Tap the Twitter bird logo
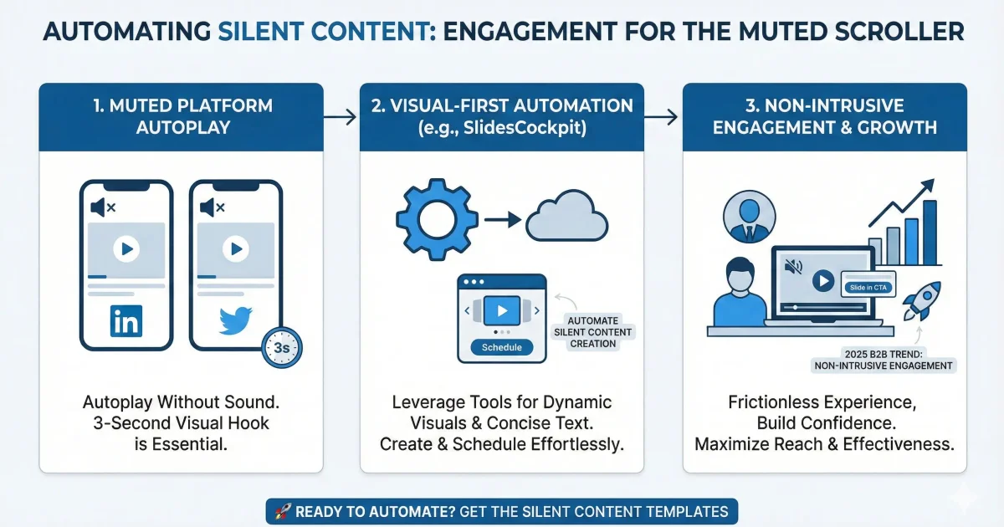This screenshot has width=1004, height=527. click(x=236, y=321)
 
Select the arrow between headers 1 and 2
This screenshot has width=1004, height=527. click(x=341, y=118)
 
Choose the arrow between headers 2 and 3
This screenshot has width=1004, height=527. click(x=663, y=118)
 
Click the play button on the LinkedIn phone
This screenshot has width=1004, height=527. click(x=125, y=248)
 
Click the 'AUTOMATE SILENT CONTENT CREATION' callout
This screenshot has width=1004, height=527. click(x=593, y=332)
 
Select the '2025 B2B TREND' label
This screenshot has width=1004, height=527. click(x=884, y=360)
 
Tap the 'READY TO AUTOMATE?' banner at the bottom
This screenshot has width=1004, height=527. click(x=502, y=511)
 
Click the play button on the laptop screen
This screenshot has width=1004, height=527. click(x=823, y=281)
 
